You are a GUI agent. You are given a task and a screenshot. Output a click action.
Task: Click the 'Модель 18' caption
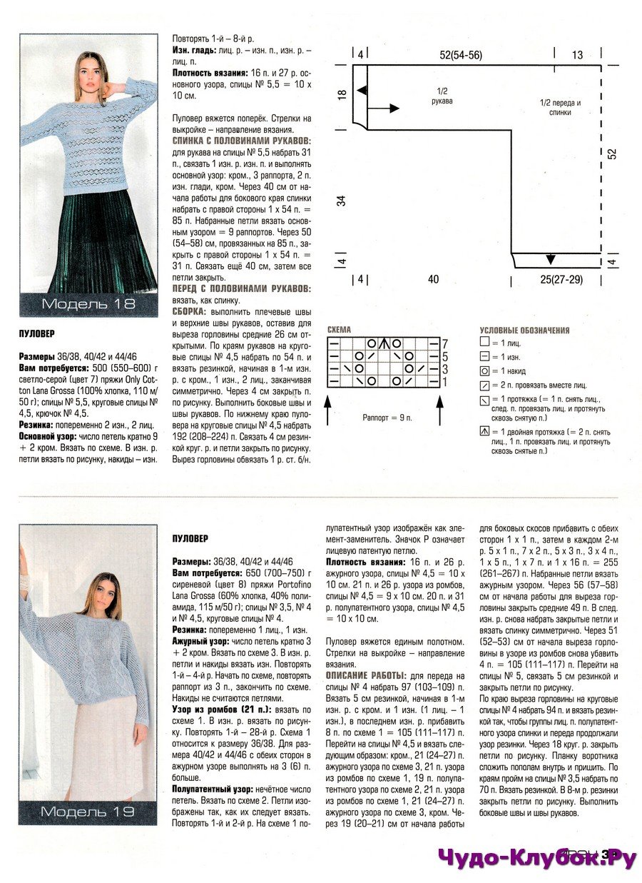click(x=88, y=305)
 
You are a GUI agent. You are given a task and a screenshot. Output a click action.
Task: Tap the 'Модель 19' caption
click(x=88, y=812)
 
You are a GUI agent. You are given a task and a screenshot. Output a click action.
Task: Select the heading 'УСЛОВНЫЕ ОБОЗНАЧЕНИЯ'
click(x=524, y=331)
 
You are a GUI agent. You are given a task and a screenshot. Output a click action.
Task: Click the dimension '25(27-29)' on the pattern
click(x=561, y=279)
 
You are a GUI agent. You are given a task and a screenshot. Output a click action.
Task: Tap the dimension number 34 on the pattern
click(x=342, y=201)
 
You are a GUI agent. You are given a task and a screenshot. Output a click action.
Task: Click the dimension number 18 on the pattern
click(x=342, y=94)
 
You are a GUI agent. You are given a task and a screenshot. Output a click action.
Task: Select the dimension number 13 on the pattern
click(x=577, y=55)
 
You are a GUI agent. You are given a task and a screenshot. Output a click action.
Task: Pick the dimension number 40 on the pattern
click(x=433, y=279)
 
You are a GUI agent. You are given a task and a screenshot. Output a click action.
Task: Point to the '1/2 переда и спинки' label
click(x=560, y=107)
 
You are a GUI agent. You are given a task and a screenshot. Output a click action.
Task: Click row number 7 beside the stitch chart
click(x=444, y=343)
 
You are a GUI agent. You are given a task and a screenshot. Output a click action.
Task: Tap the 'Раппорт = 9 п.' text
click(x=387, y=417)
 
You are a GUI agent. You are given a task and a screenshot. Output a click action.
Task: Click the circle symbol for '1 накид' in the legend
click(x=485, y=370)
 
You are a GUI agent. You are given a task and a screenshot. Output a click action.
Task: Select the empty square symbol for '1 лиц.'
click(x=485, y=343)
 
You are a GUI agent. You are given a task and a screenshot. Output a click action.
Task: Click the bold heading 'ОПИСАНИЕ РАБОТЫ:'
click(x=366, y=675)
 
